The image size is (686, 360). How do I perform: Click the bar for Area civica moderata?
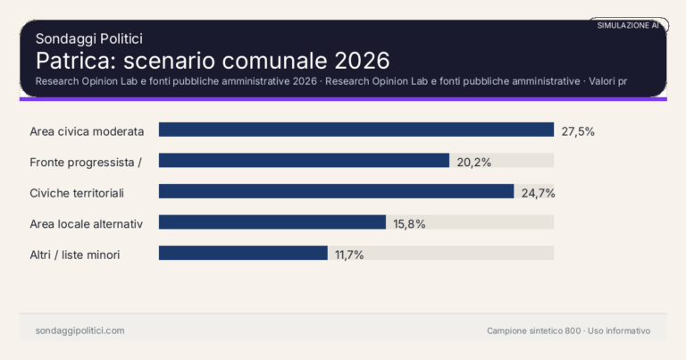(356, 130)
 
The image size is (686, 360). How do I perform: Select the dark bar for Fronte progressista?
(304, 161)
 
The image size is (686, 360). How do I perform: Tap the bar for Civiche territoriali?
(336, 191)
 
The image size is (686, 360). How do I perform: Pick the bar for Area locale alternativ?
(272, 222)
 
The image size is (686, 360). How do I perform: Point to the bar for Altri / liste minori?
(243, 254)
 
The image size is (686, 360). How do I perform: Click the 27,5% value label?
(578, 131)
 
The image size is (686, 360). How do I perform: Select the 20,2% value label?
(474, 162)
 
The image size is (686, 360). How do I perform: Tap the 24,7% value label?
(539, 192)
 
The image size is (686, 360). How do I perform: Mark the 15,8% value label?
(410, 223)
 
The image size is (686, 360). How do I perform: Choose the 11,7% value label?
(349, 255)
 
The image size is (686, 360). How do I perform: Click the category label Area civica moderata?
(87, 131)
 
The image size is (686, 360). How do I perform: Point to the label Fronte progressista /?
(87, 162)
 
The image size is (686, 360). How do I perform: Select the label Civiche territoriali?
(77, 192)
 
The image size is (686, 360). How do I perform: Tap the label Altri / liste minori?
(75, 255)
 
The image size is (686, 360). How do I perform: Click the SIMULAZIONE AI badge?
(628, 26)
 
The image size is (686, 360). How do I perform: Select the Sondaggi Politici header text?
(89, 38)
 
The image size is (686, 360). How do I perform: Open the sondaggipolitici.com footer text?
(80, 331)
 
